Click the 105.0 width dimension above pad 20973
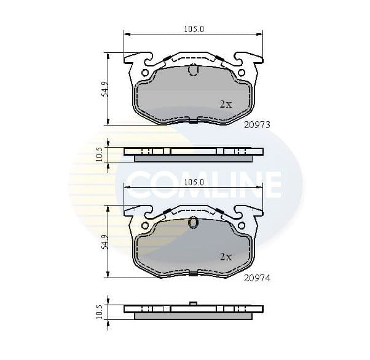tap(194, 29)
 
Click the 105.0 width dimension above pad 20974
tap(194, 182)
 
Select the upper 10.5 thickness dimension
tap(99, 153)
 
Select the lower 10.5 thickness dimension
tap(99, 311)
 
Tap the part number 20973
tap(257, 124)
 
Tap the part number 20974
tap(257, 278)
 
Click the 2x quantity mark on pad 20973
tap(226, 105)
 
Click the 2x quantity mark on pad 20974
tap(226, 257)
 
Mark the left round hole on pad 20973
tap(145, 73)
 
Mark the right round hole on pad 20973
tap(242, 73)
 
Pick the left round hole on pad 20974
tap(145, 226)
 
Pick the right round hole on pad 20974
tap(242, 226)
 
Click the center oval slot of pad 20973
tap(193, 70)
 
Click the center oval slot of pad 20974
tap(193, 223)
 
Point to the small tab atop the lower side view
tap(193, 303)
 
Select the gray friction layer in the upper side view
tap(193, 158)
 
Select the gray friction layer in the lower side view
tap(193, 316)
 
